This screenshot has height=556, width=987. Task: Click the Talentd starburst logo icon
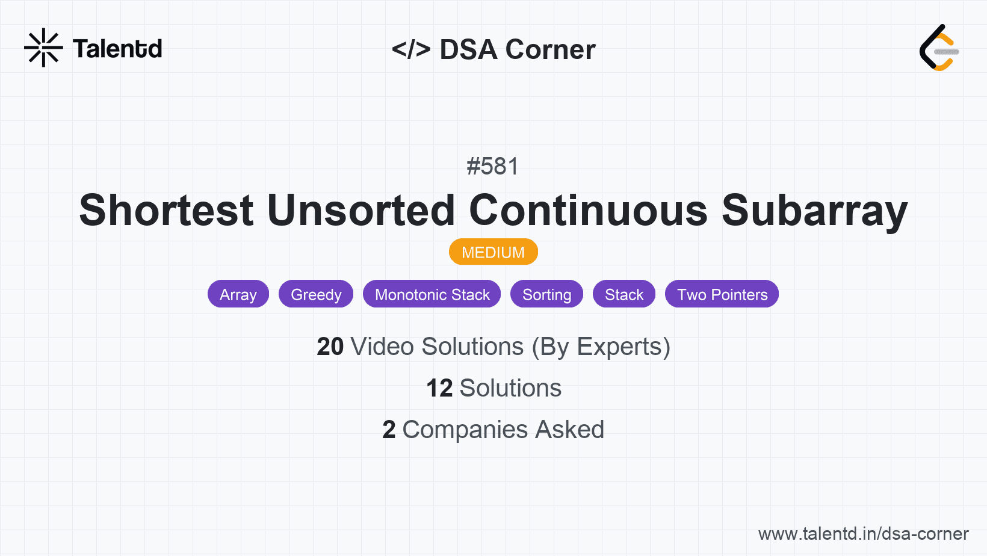tap(43, 48)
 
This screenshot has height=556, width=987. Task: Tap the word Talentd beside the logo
tap(117, 49)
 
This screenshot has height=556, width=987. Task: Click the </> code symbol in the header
tap(410, 49)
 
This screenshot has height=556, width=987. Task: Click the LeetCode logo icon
tap(939, 48)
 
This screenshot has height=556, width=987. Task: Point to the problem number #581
tap(492, 166)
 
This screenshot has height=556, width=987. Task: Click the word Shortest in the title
tap(166, 211)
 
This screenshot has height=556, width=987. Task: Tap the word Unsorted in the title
tap(360, 211)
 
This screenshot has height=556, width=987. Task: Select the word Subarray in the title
tap(814, 211)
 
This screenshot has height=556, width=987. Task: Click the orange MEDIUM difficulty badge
tap(493, 252)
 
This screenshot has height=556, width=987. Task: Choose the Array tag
tap(238, 294)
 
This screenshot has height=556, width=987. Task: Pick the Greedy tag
tap(316, 294)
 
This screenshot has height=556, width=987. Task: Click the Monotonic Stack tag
tap(432, 294)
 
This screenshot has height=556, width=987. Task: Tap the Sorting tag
tap(546, 294)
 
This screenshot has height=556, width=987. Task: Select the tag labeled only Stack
tap(623, 294)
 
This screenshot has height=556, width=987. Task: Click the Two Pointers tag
tap(722, 294)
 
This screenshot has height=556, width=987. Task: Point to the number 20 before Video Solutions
tap(330, 347)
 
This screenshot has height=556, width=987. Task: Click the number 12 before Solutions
tap(439, 388)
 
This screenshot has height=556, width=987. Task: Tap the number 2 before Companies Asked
tap(389, 430)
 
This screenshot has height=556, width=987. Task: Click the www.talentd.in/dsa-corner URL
tap(863, 534)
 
